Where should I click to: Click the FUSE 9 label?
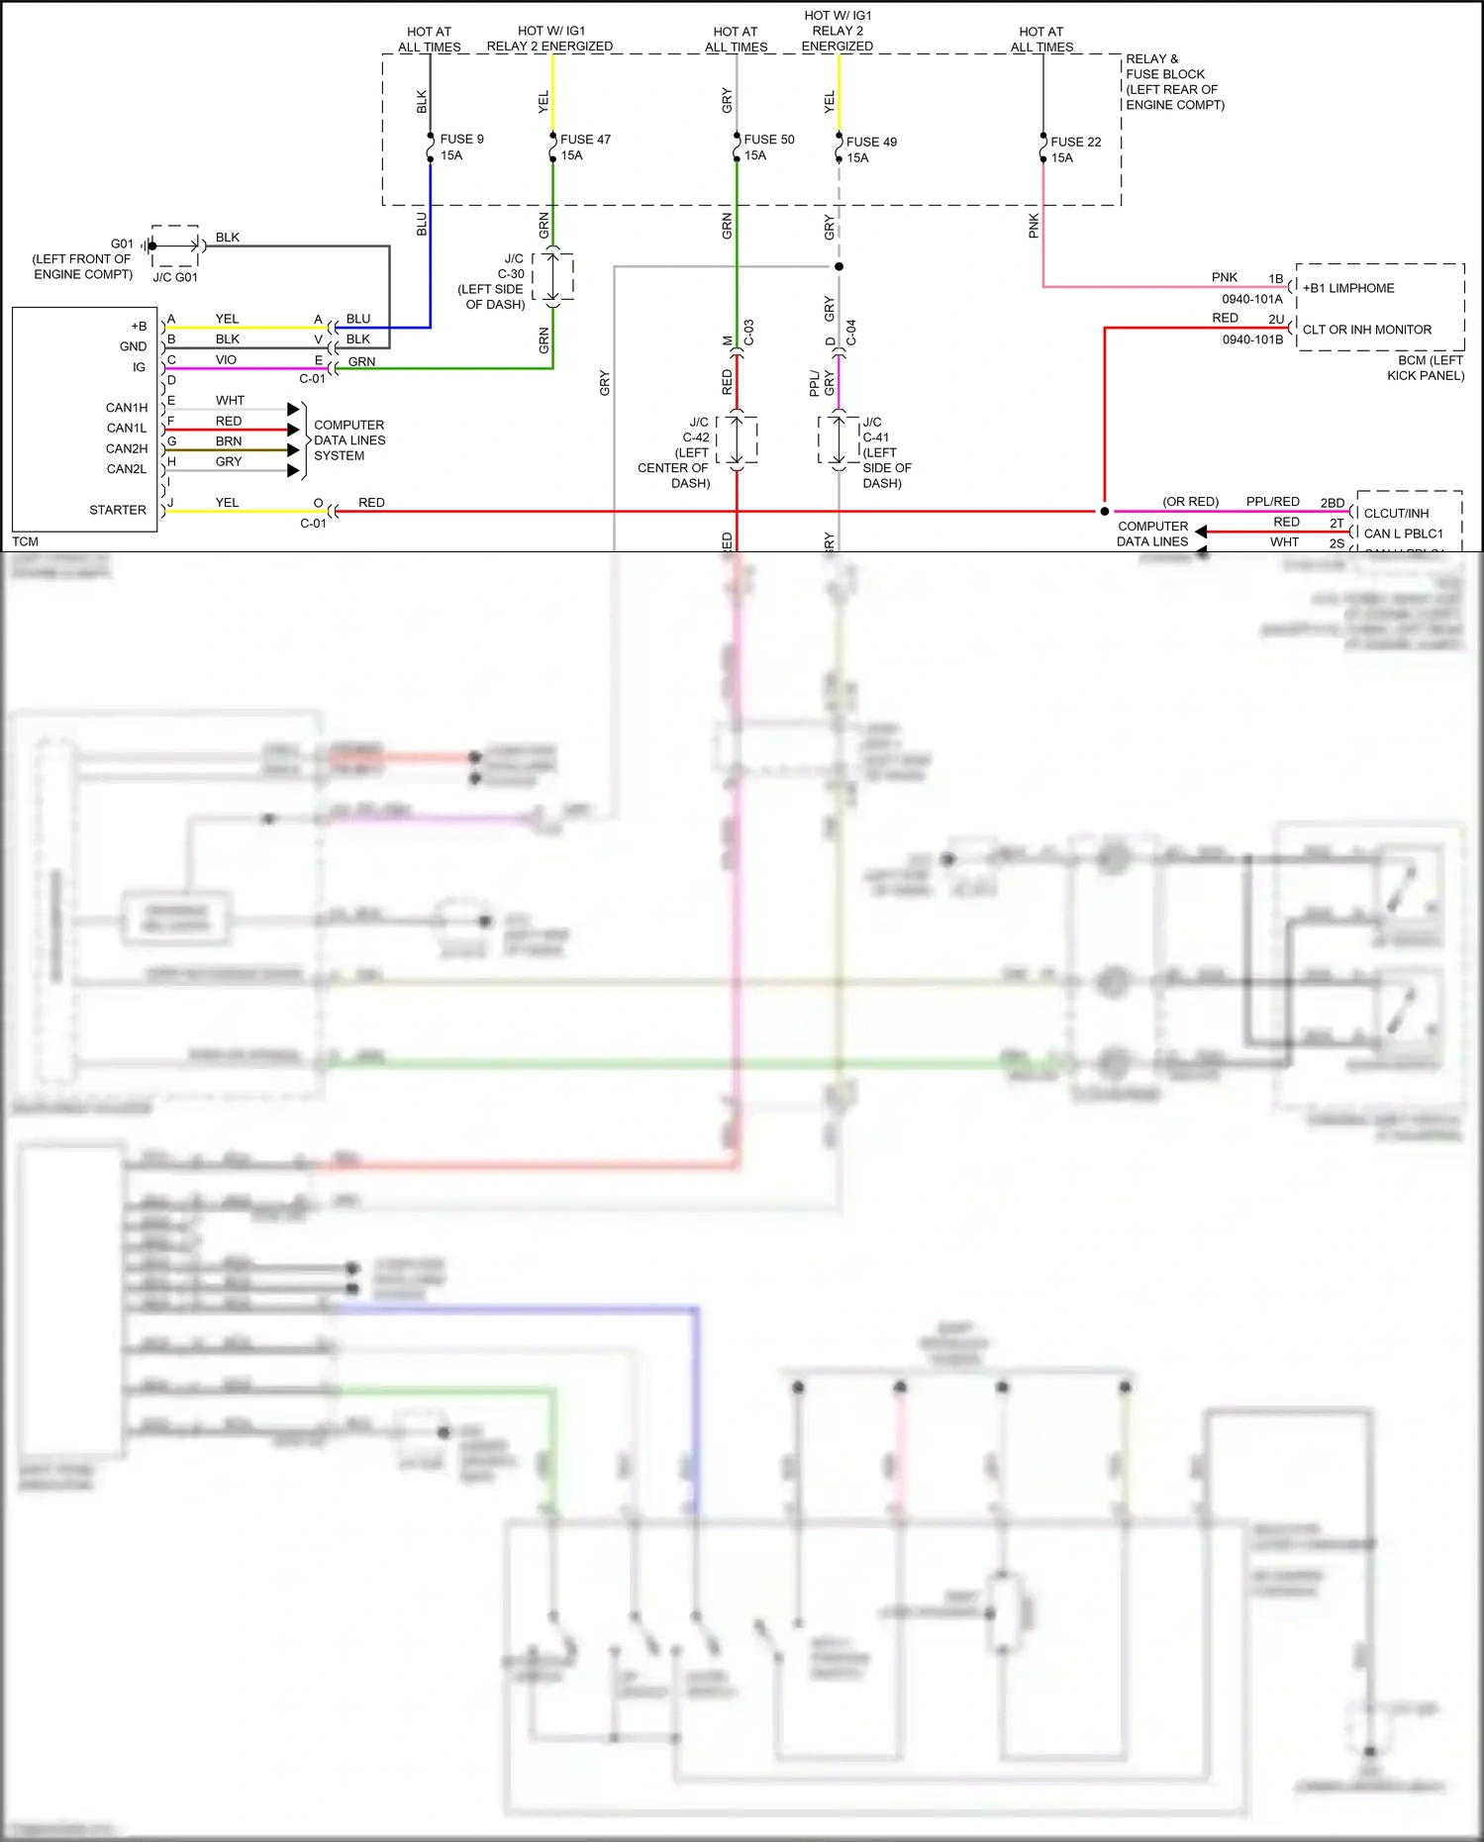[461, 140]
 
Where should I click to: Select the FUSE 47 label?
[585, 140]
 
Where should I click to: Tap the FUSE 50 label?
[768, 140]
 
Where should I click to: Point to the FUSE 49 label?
[871, 143]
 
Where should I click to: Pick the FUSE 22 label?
[1075, 143]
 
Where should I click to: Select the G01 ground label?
[122, 243]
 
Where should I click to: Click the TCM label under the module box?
[26, 541]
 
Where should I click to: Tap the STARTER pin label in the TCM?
[118, 510]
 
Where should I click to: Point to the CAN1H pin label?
[127, 408]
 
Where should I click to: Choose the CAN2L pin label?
[127, 469]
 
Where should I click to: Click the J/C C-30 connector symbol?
[552, 277]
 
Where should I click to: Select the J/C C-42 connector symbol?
[737, 440]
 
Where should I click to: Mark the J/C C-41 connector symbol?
[839, 440]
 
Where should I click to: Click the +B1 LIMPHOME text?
[1348, 288]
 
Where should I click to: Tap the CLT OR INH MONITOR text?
[1366, 330]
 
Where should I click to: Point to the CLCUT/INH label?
[1396, 513]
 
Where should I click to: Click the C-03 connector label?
[749, 332]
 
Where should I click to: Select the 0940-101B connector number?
[1251, 339]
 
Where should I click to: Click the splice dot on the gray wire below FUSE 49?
[839, 266]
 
